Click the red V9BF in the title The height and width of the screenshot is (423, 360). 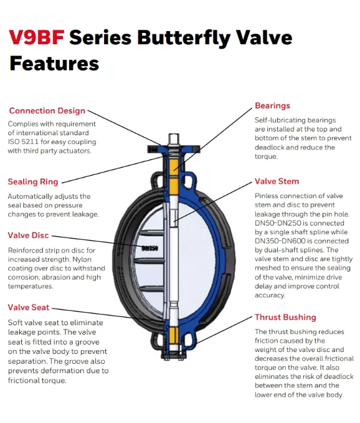point(37,37)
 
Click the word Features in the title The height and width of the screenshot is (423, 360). point(54,64)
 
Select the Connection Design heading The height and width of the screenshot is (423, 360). point(47,111)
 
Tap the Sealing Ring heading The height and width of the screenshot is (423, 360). point(33,182)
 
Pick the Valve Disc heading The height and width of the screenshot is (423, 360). point(28,235)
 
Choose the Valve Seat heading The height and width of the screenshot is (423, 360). point(29,307)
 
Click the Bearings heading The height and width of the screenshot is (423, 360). point(272,105)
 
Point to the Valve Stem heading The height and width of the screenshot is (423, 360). point(277,181)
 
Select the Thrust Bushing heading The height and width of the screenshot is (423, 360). point(285,317)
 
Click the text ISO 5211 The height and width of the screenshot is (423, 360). point(23,142)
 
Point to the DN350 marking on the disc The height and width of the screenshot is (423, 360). point(150,248)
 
